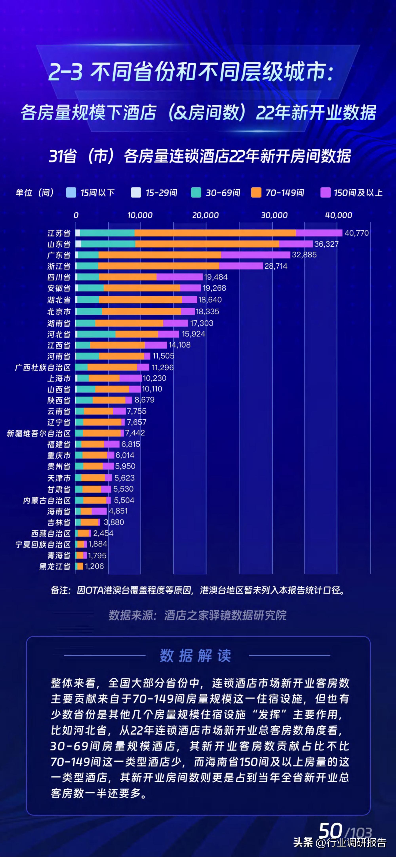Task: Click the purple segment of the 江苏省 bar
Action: coord(319,233)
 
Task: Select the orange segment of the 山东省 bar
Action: coord(207,244)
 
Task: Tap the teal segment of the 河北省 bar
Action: coord(96,334)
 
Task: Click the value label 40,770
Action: coord(356,233)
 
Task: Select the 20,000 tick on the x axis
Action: coord(205,215)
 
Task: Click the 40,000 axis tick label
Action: coord(338,215)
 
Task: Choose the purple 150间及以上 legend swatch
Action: coord(325,193)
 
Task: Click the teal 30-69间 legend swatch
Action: coord(196,193)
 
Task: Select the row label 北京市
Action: coord(59,312)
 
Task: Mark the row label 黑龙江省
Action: coord(55,566)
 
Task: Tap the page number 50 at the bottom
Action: coord(330,831)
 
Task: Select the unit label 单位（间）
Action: coord(35,193)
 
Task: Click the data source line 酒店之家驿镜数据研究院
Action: coord(198,616)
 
